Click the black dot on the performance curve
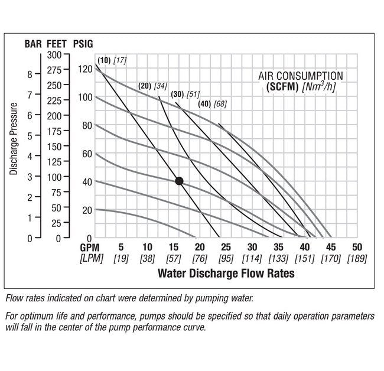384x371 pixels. point(179,181)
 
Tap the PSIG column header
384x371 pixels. point(83,44)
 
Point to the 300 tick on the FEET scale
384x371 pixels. point(54,55)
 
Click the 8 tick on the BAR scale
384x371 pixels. point(30,75)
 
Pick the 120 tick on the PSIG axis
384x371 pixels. point(86,69)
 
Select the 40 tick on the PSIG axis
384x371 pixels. point(87,182)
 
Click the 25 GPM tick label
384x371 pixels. point(226,247)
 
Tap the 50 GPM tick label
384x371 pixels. point(356,247)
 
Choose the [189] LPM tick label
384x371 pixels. point(356,258)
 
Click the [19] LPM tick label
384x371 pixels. point(121,258)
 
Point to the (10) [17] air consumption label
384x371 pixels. point(112,60)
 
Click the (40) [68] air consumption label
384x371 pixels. point(213,104)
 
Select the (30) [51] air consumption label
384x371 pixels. point(186,95)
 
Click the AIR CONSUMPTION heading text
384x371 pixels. point(301,76)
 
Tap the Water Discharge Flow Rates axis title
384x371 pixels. point(226,274)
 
